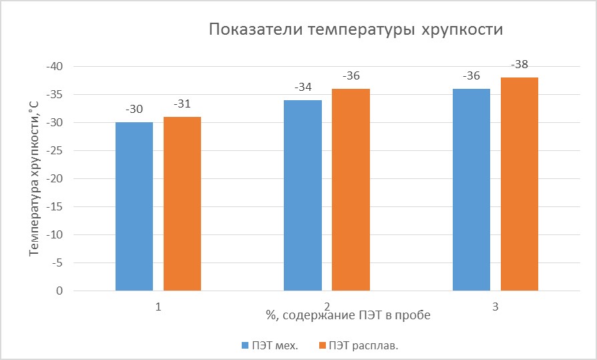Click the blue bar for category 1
point(134,207)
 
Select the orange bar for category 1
point(182,204)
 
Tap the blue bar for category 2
point(303,196)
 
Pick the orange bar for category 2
point(351,190)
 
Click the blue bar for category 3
point(471,190)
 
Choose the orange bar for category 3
point(520,184)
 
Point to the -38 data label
point(520,65)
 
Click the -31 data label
point(182,104)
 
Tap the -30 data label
point(134,110)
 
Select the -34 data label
point(303,87)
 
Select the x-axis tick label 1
point(158,306)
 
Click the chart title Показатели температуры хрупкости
point(355,30)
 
